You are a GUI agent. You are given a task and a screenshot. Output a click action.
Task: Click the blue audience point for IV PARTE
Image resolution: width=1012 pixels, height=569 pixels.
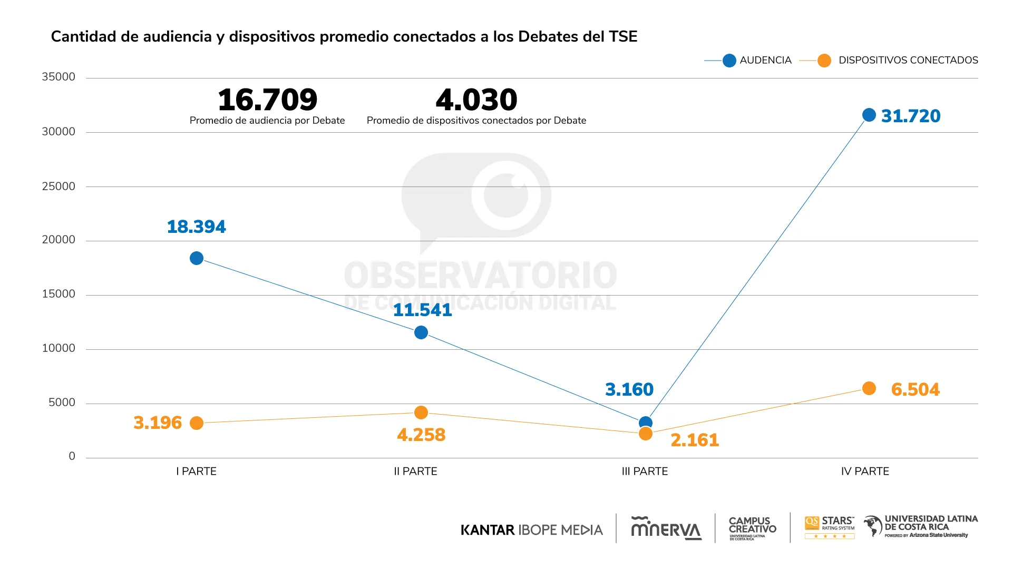[869, 115]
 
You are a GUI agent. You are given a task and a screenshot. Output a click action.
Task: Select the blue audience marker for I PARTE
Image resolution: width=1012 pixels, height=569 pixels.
[197, 258]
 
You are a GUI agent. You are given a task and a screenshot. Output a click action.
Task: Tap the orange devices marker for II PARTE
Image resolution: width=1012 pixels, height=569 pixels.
[421, 413]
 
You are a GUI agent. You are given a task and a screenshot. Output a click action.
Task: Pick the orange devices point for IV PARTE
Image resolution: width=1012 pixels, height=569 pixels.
[869, 388]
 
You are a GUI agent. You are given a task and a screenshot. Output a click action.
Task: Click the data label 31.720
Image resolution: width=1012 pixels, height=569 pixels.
[910, 116]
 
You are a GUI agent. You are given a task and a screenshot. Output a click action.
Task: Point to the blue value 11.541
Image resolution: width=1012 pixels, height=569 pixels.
[422, 310]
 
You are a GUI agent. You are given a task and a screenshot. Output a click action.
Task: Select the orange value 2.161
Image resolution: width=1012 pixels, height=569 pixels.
[694, 440]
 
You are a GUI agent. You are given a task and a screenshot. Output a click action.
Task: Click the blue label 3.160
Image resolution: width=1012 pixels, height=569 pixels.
[629, 389]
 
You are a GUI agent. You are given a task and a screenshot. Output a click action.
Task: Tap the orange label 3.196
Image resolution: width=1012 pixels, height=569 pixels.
[157, 423]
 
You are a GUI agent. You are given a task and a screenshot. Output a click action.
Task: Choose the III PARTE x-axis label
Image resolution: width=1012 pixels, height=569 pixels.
[645, 471]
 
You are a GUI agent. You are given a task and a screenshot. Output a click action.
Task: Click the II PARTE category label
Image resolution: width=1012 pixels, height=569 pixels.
[415, 471]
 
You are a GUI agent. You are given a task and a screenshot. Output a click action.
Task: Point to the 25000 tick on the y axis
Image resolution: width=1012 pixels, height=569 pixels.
[59, 186]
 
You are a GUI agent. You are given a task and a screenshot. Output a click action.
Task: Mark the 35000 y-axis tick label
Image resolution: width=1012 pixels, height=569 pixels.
[59, 77]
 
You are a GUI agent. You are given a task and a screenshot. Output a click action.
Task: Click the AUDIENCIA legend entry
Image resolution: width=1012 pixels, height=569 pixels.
[765, 60]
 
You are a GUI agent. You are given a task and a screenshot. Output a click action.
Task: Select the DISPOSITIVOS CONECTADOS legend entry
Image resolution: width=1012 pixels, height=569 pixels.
[908, 60]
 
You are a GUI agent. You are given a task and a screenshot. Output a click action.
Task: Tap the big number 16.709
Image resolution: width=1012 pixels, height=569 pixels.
[267, 100]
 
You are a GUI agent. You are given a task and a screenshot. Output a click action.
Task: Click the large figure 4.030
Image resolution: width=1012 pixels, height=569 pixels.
[476, 100]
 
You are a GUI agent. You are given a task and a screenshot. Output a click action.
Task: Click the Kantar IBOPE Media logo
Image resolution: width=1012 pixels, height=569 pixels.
[531, 529]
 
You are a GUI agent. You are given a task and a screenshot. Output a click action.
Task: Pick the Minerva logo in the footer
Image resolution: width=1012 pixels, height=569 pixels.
[666, 528]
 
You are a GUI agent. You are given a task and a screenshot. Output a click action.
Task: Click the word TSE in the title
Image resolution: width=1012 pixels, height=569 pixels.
[623, 36]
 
